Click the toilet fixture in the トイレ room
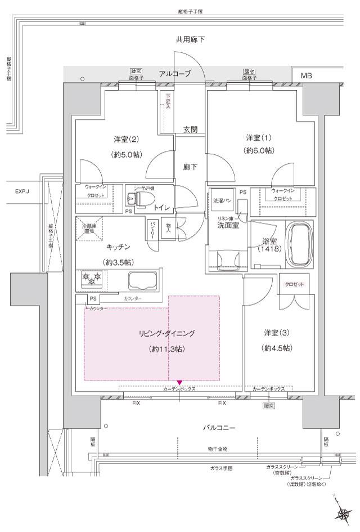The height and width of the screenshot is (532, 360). tap(133, 198)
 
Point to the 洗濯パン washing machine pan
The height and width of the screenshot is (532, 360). tap(221, 200)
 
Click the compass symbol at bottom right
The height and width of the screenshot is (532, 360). tap(343, 511)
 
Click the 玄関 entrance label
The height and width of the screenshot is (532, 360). tap(190, 129)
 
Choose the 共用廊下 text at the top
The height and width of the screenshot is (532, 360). tap(190, 40)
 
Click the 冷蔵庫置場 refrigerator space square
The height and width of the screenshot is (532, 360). tap(89, 230)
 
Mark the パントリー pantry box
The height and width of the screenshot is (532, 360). tap(152, 231)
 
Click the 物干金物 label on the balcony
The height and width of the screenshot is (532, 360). tap(216, 449)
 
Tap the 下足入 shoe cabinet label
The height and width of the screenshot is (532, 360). tap(167, 103)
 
